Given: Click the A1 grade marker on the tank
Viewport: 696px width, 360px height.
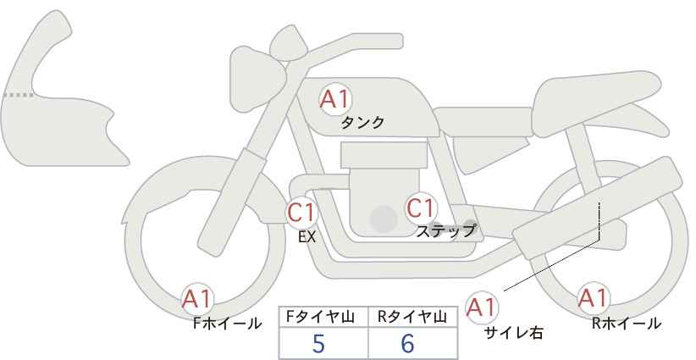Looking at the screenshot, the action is pyautogui.click(x=335, y=99).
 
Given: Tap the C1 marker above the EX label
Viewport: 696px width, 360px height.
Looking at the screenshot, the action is pyautogui.click(x=301, y=212).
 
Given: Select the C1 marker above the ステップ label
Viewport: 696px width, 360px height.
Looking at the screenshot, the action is pyautogui.click(x=421, y=208).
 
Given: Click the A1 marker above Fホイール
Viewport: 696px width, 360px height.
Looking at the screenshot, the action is pyautogui.click(x=197, y=299).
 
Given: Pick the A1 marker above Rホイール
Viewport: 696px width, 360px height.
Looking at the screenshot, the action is pyautogui.click(x=593, y=298).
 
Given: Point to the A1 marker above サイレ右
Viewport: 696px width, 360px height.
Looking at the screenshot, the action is pyautogui.click(x=482, y=307).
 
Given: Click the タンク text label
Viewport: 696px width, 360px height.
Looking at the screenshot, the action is pyautogui.click(x=362, y=123).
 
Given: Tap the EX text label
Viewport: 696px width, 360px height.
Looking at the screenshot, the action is pyautogui.click(x=307, y=237).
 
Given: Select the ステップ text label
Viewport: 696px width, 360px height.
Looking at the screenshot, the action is pyautogui.click(x=445, y=231).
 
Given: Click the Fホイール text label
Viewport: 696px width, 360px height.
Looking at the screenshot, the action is pyautogui.click(x=227, y=324).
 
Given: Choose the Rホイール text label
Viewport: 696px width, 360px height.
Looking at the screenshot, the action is pyautogui.click(x=627, y=324).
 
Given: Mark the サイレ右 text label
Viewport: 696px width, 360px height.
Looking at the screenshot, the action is pyautogui.click(x=513, y=333).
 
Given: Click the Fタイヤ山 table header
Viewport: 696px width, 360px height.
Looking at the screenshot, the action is pyautogui.click(x=320, y=317).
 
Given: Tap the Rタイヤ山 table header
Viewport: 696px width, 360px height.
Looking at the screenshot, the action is pyautogui.click(x=412, y=317).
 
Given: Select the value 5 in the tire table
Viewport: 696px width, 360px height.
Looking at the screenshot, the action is pyautogui.click(x=318, y=343).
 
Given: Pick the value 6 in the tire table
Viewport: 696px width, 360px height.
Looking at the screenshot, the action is pyautogui.click(x=407, y=343).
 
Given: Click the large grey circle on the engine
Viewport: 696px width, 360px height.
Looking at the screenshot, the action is pyautogui.click(x=384, y=219).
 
